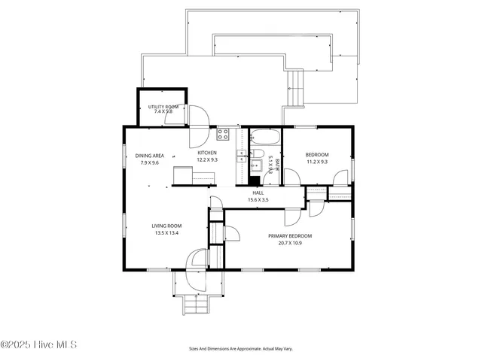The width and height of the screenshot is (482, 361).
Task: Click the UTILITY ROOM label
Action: point(163,107)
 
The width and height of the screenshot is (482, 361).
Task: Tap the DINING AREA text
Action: point(148,156)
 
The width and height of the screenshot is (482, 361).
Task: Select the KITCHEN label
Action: point(207,153)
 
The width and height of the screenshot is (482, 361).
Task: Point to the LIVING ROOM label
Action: point(148,226)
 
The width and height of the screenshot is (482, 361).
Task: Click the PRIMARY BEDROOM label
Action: point(290,236)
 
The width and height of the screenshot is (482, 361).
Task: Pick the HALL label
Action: point(258,193)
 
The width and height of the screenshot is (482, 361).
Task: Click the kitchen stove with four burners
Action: point(224,135)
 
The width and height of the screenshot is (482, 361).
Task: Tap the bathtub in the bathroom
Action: point(264,138)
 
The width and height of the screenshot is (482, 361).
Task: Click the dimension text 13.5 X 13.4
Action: point(148,232)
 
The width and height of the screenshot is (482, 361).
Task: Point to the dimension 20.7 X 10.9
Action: point(290,243)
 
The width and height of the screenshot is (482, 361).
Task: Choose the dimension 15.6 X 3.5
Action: point(258,200)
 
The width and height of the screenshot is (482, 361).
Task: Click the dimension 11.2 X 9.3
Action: point(316,162)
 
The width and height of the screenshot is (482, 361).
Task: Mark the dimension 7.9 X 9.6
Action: point(148,162)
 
